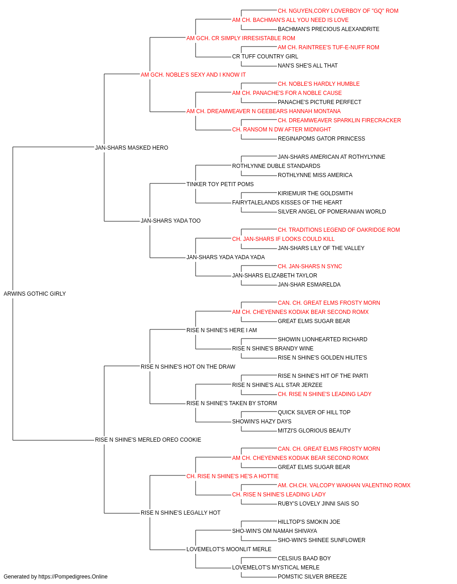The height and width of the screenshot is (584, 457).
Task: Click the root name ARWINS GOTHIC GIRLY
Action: click(x=35, y=294)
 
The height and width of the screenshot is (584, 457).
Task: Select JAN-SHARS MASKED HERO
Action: click(x=132, y=147)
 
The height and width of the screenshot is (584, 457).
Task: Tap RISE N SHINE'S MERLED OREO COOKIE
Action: click(x=148, y=440)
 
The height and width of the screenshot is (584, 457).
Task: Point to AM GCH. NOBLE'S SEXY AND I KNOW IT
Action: click(x=193, y=75)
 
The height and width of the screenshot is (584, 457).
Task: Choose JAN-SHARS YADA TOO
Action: click(x=170, y=221)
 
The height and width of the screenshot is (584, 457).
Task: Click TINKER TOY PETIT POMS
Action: click(x=220, y=184)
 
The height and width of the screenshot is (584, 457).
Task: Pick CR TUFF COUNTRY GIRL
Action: click(x=265, y=57)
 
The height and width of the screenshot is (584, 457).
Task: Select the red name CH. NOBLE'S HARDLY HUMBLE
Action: click(x=319, y=84)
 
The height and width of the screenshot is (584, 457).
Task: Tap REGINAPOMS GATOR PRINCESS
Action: click(x=321, y=139)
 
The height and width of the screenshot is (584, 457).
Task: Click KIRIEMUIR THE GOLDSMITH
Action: click(x=315, y=193)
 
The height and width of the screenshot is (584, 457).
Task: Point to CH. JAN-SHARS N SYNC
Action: click(x=310, y=266)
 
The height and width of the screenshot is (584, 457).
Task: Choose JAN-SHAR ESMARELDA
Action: click(x=309, y=285)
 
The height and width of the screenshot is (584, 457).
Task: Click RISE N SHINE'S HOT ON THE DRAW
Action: click(x=188, y=367)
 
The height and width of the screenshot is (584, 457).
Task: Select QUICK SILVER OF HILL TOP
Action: click(x=314, y=412)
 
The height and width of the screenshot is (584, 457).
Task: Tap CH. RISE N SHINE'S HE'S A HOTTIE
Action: click(x=233, y=476)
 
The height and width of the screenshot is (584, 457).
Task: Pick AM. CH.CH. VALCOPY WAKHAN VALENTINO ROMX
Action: click(x=344, y=485)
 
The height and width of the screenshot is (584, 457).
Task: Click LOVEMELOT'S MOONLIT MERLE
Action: click(x=229, y=549)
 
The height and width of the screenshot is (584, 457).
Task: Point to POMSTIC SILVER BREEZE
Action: click(x=312, y=577)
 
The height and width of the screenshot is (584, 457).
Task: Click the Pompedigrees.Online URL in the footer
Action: click(x=73, y=577)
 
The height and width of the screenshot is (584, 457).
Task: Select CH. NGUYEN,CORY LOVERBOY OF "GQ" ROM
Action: click(x=338, y=11)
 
